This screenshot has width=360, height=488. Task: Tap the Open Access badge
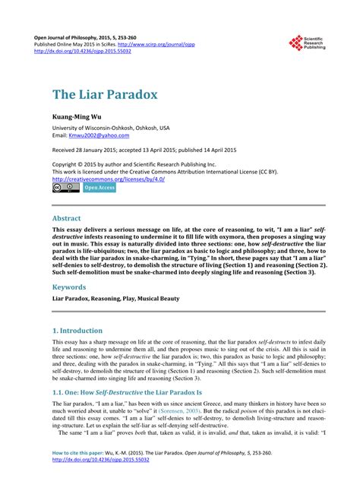pyautogui.click(x=99, y=187)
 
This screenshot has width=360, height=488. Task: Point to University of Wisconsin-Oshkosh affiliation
pyautogui.click(x=111, y=128)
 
